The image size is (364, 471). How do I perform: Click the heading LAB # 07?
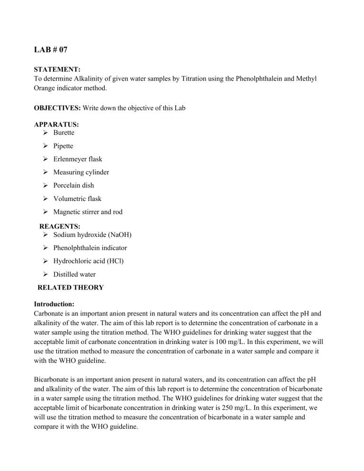[51, 49]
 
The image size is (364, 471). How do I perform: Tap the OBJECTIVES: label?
[55, 108]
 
